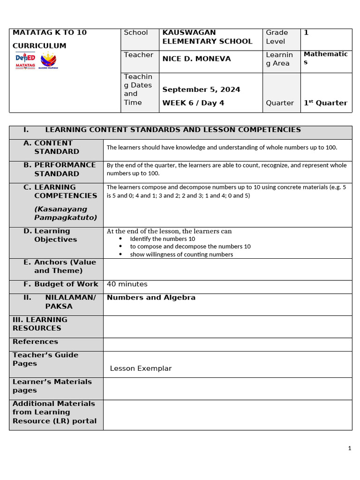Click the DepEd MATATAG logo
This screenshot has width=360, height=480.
[x=26, y=60]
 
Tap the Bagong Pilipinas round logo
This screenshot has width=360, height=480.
[x=48, y=60]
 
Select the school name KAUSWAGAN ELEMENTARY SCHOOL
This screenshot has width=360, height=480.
[x=207, y=37]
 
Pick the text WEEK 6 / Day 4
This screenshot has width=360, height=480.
[x=192, y=103]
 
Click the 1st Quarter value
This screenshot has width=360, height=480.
[x=325, y=103]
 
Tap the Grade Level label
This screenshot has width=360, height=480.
[x=277, y=37]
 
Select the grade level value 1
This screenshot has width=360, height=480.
[x=306, y=33]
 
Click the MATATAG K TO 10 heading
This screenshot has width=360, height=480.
[x=49, y=33]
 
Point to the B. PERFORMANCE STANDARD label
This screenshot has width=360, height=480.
[x=60, y=169]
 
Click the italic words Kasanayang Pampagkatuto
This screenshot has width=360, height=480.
[x=66, y=213]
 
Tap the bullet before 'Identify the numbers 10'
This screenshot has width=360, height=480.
[x=121, y=239]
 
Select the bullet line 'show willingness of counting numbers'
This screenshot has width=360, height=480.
[x=181, y=255]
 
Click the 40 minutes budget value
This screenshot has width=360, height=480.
[x=127, y=284]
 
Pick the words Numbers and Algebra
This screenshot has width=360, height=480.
[x=151, y=298]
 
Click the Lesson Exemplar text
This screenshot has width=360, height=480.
[x=141, y=368]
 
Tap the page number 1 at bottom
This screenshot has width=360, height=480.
[x=350, y=449]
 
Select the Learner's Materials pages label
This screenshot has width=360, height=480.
[x=52, y=386]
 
